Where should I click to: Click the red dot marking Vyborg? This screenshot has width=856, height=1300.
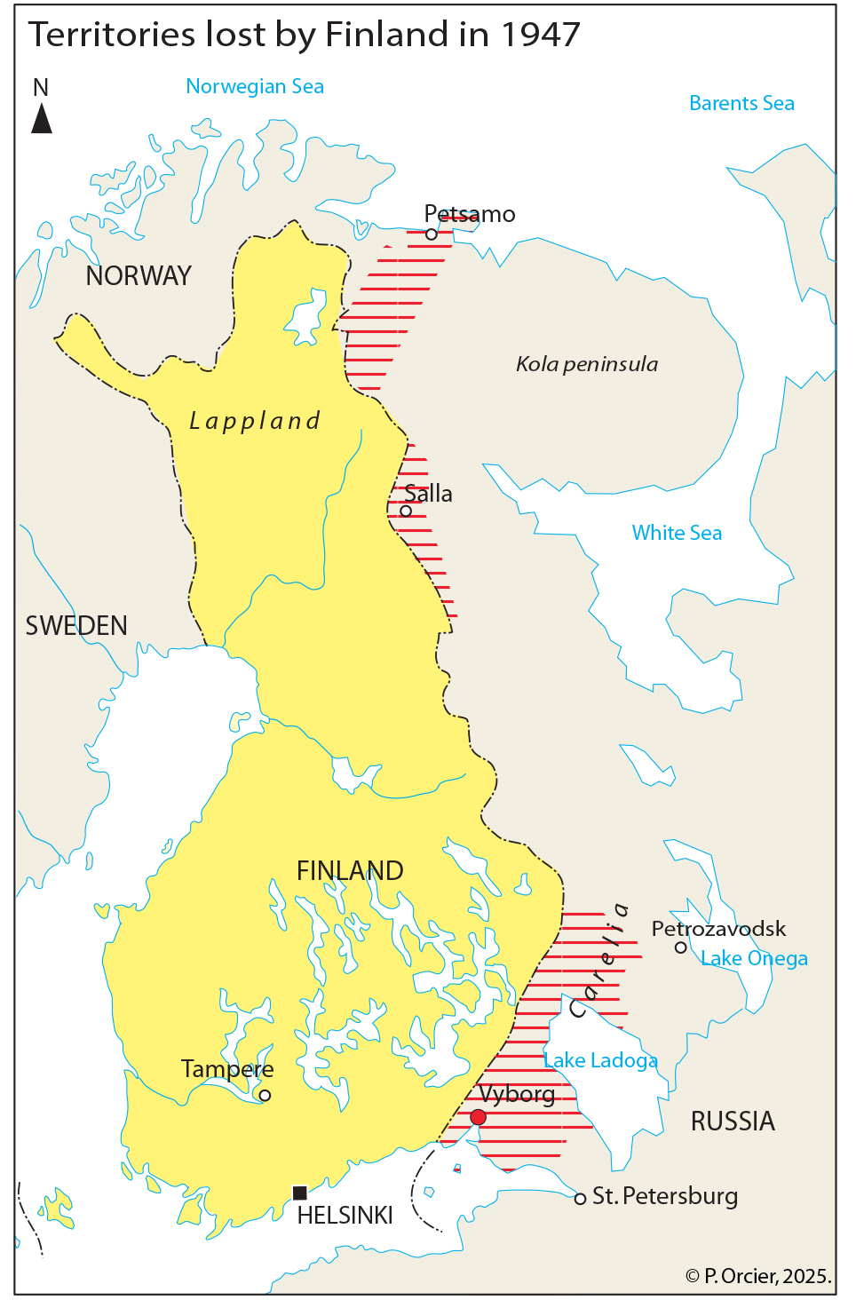(478, 1117)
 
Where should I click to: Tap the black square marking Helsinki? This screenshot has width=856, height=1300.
(300, 1193)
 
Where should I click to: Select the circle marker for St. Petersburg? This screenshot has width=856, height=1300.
(580, 1199)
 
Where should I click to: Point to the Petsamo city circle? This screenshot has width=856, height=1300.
(432, 234)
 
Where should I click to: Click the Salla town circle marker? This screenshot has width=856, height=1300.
(406, 511)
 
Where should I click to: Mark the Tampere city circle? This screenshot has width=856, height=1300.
(265, 1095)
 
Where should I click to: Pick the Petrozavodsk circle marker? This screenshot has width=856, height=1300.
(681, 947)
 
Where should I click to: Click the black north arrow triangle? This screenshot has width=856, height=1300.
(42, 118)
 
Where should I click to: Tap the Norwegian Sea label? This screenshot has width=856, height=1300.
(255, 87)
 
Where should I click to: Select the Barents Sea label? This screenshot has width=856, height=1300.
(741, 104)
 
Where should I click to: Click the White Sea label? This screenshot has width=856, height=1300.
(677, 533)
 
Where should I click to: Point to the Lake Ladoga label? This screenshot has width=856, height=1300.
(600, 1060)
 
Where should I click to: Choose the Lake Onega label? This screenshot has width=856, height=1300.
(754, 959)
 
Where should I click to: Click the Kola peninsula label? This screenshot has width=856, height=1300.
(587, 364)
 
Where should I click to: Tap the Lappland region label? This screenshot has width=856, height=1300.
(255, 421)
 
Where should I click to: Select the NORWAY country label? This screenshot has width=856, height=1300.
(139, 276)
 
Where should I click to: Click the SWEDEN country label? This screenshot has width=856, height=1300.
(76, 626)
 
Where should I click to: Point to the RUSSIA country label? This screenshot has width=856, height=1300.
(733, 1122)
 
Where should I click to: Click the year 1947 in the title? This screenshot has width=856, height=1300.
(540, 35)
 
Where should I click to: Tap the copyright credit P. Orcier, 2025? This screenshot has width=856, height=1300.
(758, 1276)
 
